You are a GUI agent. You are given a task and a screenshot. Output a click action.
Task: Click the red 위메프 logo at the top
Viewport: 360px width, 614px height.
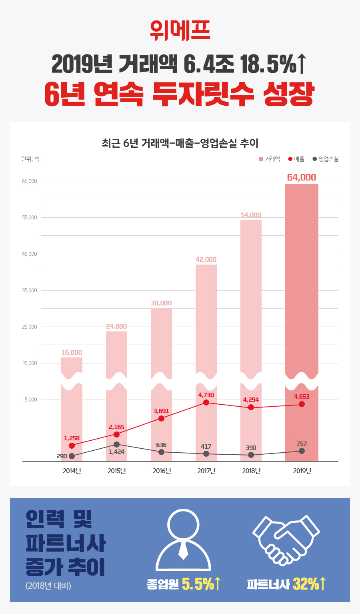click(x=180, y=30)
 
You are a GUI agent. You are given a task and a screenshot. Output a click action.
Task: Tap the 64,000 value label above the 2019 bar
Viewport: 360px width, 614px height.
click(x=302, y=177)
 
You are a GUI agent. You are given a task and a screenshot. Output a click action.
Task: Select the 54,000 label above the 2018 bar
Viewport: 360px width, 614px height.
click(x=251, y=215)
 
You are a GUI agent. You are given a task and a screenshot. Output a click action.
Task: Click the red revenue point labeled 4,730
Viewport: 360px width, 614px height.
click(x=206, y=402)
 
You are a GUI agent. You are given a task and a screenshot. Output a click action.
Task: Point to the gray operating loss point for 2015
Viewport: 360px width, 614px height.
click(x=116, y=444)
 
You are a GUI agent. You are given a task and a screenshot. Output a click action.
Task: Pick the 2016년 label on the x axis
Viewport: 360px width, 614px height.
click(x=162, y=471)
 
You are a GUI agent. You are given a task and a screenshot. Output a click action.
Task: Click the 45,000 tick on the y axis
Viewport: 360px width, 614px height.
click(x=30, y=254)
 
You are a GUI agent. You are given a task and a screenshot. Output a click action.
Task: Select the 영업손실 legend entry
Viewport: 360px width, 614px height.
click(x=326, y=159)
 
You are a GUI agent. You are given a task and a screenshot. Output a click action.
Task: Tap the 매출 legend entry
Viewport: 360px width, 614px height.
click(x=296, y=159)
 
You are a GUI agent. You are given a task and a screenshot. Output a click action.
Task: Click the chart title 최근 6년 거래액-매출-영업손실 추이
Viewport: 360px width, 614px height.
click(x=180, y=143)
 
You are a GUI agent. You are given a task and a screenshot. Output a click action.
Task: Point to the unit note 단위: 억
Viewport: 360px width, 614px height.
click(x=30, y=159)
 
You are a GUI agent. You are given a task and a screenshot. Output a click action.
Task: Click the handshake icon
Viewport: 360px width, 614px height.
click(x=286, y=540)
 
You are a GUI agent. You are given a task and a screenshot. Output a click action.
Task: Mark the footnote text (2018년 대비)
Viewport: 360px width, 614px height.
click(x=48, y=586)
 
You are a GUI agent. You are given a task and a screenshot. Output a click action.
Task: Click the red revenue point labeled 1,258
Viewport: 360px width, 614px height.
click(x=72, y=445)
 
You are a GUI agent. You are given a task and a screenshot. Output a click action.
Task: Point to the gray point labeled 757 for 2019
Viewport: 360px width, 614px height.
click(x=302, y=451)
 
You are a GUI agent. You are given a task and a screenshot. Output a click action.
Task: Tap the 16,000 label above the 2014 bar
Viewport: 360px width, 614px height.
click(x=72, y=352)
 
